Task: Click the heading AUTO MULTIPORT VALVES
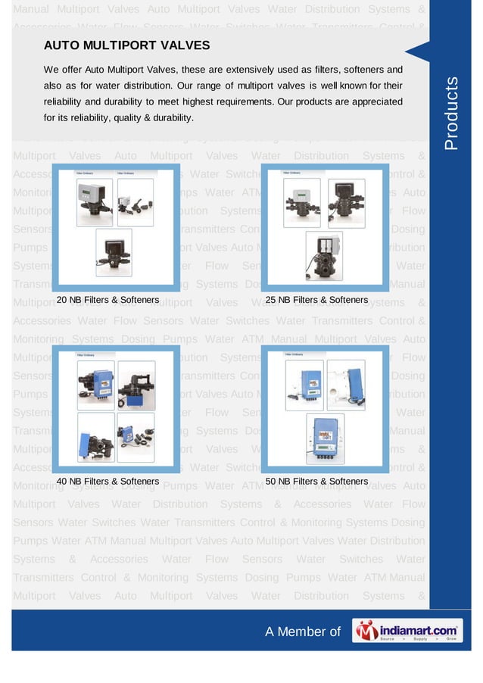pyautogui.click(x=127, y=45)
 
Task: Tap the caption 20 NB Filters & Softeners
pyautogui.click(x=108, y=301)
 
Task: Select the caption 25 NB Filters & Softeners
pyautogui.click(x=316, y=301)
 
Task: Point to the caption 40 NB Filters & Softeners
pyautogui.click(x=108, y=481)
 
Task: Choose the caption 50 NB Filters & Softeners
pyautogui.click(x=316, y=481)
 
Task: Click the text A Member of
pyautogui.click(x=303, y=632)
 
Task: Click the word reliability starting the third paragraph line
pyautogui.click(x=67, y=101)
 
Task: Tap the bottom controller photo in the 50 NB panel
pyautogui.click(x=325, y=438)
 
